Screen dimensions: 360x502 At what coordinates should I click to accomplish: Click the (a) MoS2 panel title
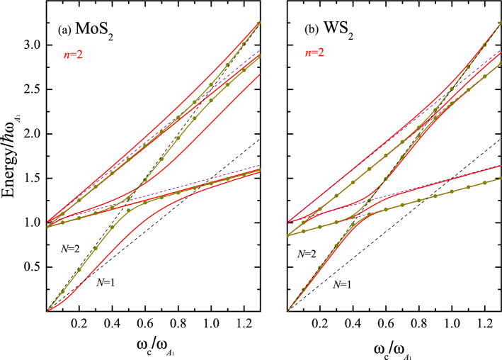83,33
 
